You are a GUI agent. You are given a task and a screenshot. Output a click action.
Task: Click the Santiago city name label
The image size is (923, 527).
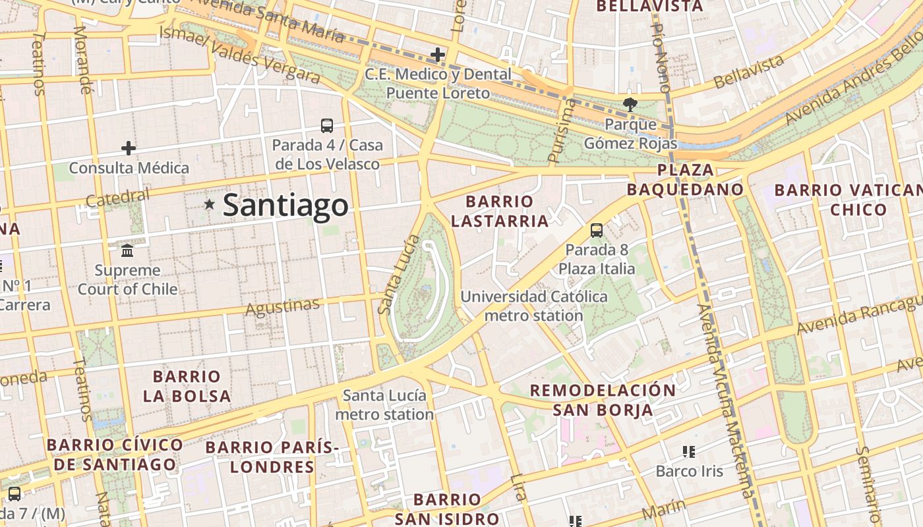pos(285,205)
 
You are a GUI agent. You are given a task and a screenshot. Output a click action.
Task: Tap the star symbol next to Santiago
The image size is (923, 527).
pos(210,204)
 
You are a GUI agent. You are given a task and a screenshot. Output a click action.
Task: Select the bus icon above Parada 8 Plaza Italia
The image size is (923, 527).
pos(596,231)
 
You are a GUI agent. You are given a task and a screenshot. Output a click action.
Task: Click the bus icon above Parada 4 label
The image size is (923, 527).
pos(326,125)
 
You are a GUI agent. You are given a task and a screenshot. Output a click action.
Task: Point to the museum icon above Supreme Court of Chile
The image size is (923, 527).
pos(127,250)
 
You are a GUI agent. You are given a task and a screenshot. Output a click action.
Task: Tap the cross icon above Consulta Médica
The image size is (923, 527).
pos(129,148)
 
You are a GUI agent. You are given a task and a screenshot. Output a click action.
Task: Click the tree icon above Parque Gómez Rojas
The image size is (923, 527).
pos(630,104)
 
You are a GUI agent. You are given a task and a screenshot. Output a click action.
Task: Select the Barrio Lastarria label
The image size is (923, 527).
pos(500,211)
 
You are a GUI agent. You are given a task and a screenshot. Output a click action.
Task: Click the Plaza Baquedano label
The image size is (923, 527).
pos(685,180)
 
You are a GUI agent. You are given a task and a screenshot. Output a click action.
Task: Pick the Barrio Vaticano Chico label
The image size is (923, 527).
pos(848,200)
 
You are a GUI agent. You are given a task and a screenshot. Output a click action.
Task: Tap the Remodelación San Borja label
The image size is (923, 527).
pos(603,400)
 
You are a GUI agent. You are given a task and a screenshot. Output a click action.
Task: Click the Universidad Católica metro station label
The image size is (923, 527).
pos(534,306)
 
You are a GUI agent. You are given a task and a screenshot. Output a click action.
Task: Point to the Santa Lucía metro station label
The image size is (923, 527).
pos(384,404)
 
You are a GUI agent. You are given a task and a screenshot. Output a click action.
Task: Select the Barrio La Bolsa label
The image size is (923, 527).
pos(187,386)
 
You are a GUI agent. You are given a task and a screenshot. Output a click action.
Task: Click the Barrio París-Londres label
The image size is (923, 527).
pos(272,457)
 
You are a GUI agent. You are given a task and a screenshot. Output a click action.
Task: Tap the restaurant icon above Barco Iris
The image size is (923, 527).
pos(689,452)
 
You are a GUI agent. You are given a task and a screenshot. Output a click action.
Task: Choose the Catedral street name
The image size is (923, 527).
pos(117,197)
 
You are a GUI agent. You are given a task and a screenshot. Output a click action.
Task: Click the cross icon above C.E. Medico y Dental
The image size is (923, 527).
pos(437,55)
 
